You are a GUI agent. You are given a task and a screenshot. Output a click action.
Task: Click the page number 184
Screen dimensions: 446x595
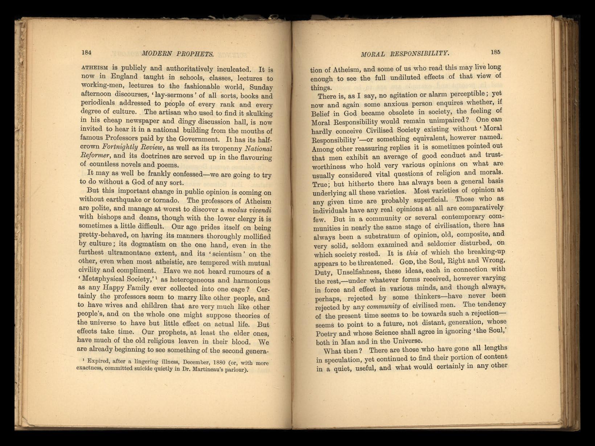click(x=86, y=52)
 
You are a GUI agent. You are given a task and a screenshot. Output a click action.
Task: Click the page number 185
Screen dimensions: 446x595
click(x=495, y=52)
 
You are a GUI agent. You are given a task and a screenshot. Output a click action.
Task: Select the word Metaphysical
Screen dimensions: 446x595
click(x=104, y=279)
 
